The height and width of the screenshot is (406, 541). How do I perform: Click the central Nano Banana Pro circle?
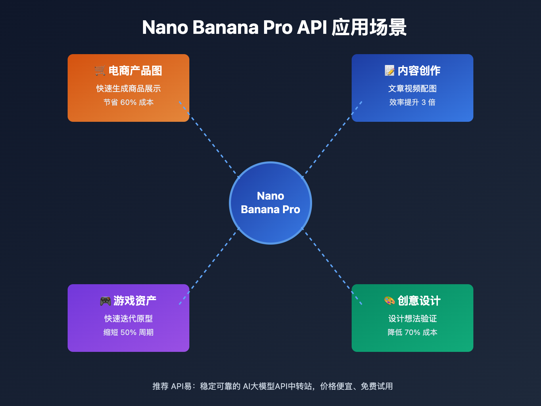tap(270, 203)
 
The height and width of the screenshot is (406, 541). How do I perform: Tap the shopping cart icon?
tap(100, 70)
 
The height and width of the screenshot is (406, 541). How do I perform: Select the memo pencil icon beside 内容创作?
tap(390, 70)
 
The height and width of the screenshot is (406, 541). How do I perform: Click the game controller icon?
tap(105, 301)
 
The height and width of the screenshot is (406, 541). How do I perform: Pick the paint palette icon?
tap(390, 300)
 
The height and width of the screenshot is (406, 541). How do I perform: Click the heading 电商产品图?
tap(135, 71)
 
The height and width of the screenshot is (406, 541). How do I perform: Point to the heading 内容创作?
tap(419, 71)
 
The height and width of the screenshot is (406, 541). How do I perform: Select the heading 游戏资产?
tap(135, 301)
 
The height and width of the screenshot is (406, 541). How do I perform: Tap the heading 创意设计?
tap(419, 301)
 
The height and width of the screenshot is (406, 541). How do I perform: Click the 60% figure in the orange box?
tap(128, 103)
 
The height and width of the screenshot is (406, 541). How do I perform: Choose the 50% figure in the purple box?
tap(128, 333)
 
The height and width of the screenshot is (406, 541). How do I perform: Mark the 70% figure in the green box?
tap(413, 333)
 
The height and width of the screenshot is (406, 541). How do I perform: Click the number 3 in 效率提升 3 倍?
tap(424, 103)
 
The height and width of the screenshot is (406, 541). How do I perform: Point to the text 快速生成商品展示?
tap(128, 89)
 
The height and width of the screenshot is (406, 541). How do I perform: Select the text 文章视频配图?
tap(413, 89)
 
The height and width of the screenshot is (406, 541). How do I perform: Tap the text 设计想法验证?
tap(413, 319)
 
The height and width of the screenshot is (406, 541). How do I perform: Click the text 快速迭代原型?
tap(128, 319)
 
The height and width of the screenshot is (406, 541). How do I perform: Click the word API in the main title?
tap(312, 27)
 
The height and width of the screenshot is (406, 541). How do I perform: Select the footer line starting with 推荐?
tap(273, 386)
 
